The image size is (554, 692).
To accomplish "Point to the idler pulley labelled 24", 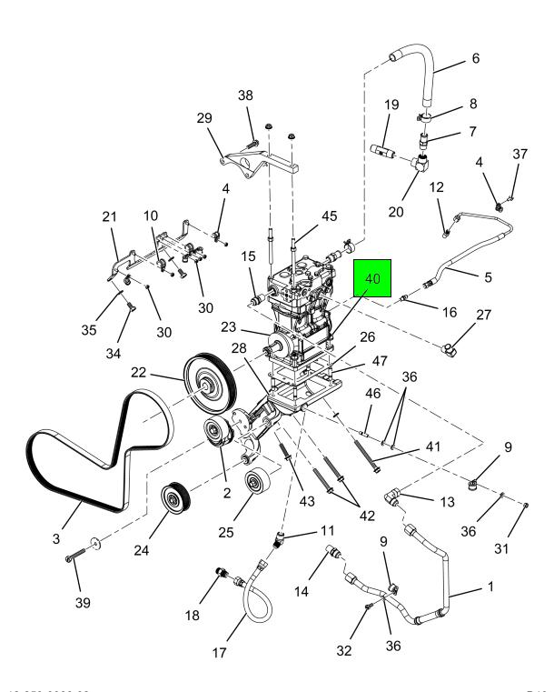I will tap(173, 499).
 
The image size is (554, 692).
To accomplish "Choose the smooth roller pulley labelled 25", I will tap(253, 481).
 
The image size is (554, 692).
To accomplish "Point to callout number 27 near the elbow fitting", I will tap(482, 316).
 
